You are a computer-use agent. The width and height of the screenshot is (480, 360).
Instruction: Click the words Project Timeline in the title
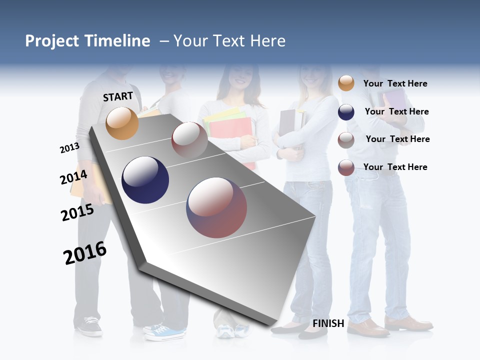pyautogui.click(x=87, y=41)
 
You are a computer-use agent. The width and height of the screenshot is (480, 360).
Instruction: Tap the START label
pyautogui.click(x=118, y=96)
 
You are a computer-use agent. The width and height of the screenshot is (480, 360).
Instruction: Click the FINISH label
pyautogui.click(x=328, y=323)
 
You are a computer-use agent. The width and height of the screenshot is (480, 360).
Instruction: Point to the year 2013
pyautogui.click(x=69, y=148)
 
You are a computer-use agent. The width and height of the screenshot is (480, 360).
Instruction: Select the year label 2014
pyautogui.click(x=73, y=177)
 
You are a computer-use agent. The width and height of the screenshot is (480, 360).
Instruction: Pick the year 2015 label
pyautogui.click(x=77, y=212)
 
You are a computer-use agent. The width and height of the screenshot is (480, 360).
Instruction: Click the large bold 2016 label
pyautogui.click(x=85, y=253)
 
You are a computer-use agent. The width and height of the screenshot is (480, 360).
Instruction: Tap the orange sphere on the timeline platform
pyautogui.click(x=122, y=123)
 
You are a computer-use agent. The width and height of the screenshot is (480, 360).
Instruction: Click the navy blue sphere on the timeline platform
pyautogui.click(x=145, y=180)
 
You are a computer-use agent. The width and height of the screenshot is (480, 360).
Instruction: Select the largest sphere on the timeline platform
pyautogui.click(x=216, y=207)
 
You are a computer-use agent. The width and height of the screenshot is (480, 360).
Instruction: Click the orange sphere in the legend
pyautogui.click(x=346, y=83)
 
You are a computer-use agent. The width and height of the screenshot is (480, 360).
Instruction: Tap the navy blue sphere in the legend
pyautogui.click(x=346, y=112)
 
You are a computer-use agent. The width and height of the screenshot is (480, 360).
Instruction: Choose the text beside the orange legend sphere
pyautogui.click(x=395, y=83)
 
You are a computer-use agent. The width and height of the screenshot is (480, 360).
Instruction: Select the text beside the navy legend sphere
pyautogui.click(x=396, y=111)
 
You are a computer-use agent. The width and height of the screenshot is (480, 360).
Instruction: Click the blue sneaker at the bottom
pyautogui.click(x=165, y=331)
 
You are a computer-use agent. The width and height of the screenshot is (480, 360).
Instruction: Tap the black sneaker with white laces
pyautogui.click(x=90, y=325)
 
